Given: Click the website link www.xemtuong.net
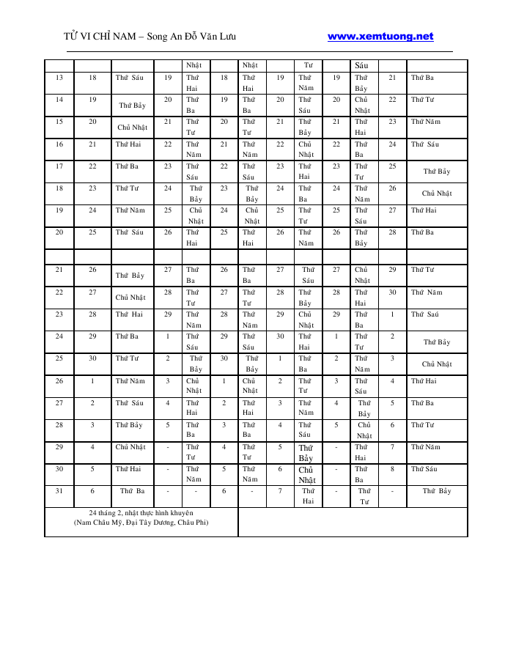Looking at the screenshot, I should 380,36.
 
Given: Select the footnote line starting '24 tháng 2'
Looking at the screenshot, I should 141,513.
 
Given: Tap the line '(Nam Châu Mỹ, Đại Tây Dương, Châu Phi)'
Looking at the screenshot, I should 141,523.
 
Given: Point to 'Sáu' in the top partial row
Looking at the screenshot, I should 361,65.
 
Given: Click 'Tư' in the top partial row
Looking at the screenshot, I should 308,65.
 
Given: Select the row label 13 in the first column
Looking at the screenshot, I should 59,77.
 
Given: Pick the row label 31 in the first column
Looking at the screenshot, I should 59,491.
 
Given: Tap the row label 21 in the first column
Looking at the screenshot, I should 59,270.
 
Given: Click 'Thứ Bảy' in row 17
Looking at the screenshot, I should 437,171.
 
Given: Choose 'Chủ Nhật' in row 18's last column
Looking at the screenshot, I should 437,193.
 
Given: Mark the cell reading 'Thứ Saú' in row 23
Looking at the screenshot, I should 426,314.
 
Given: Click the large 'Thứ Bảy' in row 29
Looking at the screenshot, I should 306,453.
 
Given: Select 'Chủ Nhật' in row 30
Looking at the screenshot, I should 306,475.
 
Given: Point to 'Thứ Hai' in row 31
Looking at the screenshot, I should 308,496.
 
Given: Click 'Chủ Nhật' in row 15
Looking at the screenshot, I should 133,128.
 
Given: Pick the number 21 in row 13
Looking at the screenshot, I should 392,77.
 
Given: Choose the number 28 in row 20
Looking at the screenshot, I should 392,232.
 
